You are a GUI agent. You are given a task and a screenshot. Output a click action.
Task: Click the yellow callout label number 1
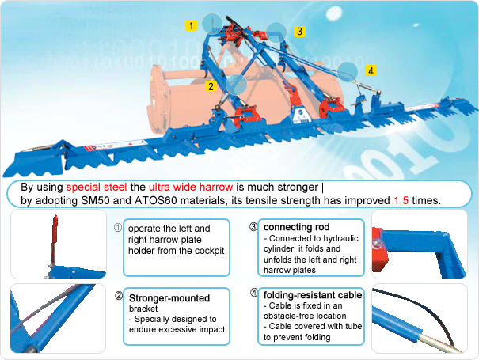tap(191, 25)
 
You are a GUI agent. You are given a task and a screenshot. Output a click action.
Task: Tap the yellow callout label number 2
tap(211, 85)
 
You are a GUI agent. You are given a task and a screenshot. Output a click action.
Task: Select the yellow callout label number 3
tap(298, 32)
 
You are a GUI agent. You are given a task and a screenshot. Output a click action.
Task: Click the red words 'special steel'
tap(96, 188)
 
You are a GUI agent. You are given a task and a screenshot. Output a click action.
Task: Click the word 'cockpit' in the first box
tap(205, 251)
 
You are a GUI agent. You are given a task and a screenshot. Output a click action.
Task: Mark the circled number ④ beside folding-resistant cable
tap(253, 294)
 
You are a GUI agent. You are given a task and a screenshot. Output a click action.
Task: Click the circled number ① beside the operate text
tap(118, 227)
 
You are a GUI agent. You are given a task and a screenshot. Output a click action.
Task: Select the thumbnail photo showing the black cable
tap(422, 317)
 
